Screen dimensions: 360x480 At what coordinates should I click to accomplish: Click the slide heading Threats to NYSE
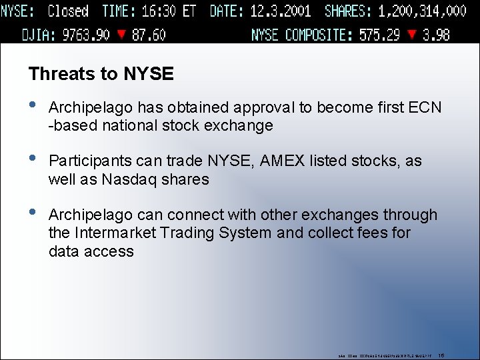101,74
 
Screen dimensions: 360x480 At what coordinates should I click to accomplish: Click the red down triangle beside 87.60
121,35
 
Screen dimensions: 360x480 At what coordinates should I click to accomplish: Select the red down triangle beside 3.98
413,35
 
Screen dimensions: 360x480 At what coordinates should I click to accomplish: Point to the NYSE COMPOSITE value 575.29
381,35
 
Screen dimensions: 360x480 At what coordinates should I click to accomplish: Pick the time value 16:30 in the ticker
160,11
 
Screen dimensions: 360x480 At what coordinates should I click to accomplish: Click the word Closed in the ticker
68,11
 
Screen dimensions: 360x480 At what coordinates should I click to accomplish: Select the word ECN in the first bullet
426,107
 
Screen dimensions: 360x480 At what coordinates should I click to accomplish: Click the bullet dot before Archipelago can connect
34,214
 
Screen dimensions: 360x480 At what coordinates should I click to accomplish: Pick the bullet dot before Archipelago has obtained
34,106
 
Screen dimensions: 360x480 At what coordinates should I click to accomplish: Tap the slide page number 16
441,355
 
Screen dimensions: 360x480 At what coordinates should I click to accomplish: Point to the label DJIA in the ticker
37,35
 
